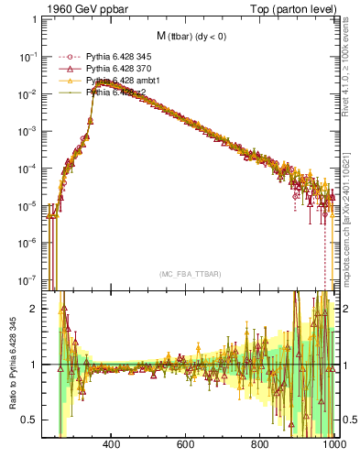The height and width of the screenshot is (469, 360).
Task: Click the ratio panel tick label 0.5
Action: pyautogui.click(x=29, y=420)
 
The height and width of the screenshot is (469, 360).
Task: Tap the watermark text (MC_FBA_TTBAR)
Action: pyautogui.click(x=190, y=275)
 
